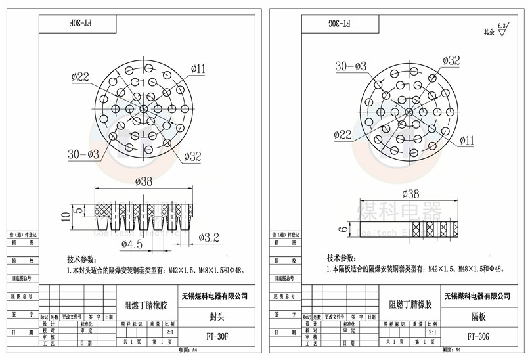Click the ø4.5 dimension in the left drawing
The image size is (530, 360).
pos(137,244)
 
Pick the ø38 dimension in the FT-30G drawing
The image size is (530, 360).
pos(409,194)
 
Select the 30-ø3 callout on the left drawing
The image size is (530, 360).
pos(83,154)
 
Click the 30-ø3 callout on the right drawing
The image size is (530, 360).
pos(351,66)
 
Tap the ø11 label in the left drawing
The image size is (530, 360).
pos(198,68)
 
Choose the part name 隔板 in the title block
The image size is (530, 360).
pos(477,317)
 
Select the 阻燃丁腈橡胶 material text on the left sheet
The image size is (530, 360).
pos(146,305)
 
